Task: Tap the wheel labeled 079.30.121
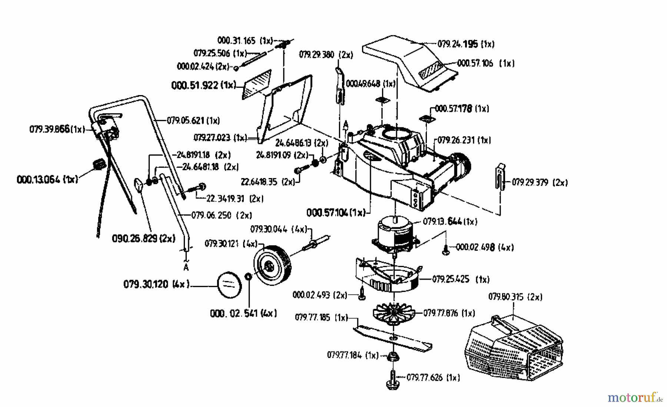[272, 264]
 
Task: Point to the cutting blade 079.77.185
[393, 337]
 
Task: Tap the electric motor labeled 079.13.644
[395, 233]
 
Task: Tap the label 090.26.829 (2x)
[143, 238]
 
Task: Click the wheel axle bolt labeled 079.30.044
[317, 242]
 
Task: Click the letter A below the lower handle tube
[186, 267]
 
